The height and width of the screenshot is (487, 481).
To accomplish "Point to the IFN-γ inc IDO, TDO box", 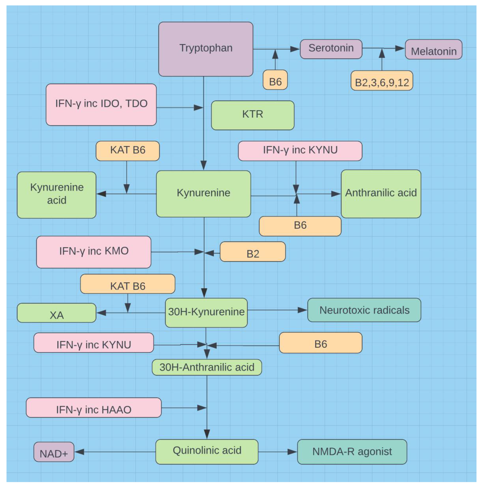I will click(x=101, y=105).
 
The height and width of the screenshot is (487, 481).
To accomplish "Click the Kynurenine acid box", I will click(x=57, y=195).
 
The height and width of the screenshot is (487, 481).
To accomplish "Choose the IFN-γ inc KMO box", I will click(x=94, y=252).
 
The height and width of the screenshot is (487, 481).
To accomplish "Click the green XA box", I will click(x=57, y=313).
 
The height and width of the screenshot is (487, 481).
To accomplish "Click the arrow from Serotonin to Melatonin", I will click(x=384, y=48).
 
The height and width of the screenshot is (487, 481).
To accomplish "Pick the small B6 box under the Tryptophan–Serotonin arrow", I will click(x=275, y=80).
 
